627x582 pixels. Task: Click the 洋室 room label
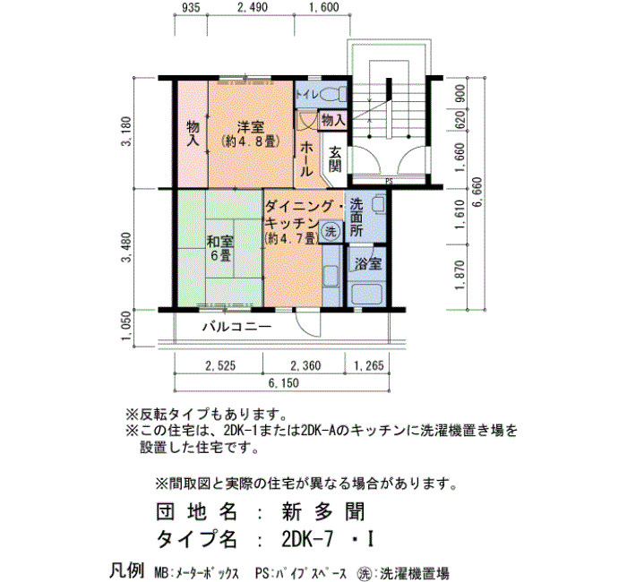click(250, 127)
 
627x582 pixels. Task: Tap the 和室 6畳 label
click(220, 248)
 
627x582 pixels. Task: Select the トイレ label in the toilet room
click(307, 95)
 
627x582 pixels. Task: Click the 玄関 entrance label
click(335, 159)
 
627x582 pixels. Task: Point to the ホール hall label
click(306, 159)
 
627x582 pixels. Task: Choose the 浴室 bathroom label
click(368, 264)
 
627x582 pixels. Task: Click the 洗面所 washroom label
click(356, 218)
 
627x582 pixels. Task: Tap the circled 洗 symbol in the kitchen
click(331, 231)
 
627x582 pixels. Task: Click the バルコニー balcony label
click(237, 327)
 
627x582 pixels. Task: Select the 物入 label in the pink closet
click(193, 133)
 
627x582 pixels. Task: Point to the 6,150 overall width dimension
click(284, 383)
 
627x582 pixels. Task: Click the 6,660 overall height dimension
click(477, 193)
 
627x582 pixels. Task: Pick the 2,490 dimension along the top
click(253, 7)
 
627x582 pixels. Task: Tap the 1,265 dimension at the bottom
click(369, 365)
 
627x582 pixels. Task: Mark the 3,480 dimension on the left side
click(126, 248)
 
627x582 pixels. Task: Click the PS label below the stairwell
click(389, 182)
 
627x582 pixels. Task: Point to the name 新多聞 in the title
click(323, 511)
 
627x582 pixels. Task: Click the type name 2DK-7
click(307, 540)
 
